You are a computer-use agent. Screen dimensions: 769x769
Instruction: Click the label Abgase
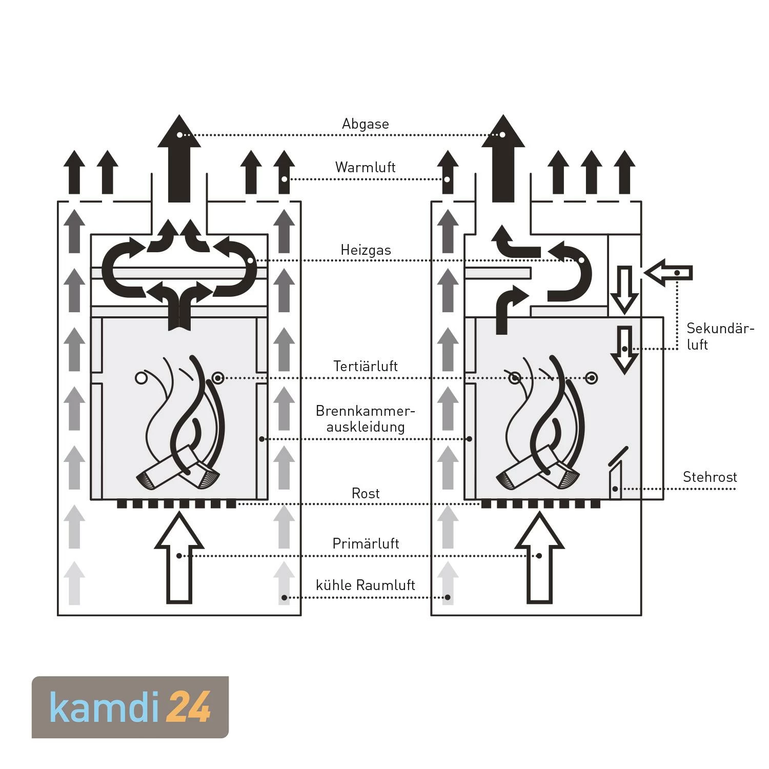[x=365, y=124]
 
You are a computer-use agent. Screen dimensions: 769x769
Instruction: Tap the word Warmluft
[x=365, y=167]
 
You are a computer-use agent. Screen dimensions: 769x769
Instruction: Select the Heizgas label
[x=366, y=250]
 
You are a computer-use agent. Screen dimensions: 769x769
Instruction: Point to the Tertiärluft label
[x=366, y=366]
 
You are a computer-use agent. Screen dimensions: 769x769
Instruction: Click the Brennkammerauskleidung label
[x=365, y=419]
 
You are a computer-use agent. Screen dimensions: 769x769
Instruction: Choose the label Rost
[x=366, y=493]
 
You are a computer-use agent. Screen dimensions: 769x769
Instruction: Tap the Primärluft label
[x=366, y=543]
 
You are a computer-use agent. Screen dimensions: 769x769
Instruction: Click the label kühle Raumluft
[x=365, y=585]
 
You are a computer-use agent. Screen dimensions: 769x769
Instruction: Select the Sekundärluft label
[x=719, y=336]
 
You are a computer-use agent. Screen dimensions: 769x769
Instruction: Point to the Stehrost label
[x=710, y=477]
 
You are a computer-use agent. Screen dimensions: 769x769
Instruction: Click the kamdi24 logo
[x=130, y=707]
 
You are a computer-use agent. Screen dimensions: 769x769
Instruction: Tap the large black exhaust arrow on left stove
[x=179, y=159]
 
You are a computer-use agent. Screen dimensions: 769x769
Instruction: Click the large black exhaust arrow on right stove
[x=503, y=159]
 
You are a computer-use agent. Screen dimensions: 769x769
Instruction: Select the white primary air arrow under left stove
[x=179, y=559]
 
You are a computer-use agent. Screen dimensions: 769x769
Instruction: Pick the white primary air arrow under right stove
[x=539, y=559]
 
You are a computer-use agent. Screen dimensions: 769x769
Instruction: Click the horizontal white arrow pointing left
[x=669, y=273]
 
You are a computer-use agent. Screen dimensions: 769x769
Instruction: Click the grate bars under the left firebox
[x=176, y=504]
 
